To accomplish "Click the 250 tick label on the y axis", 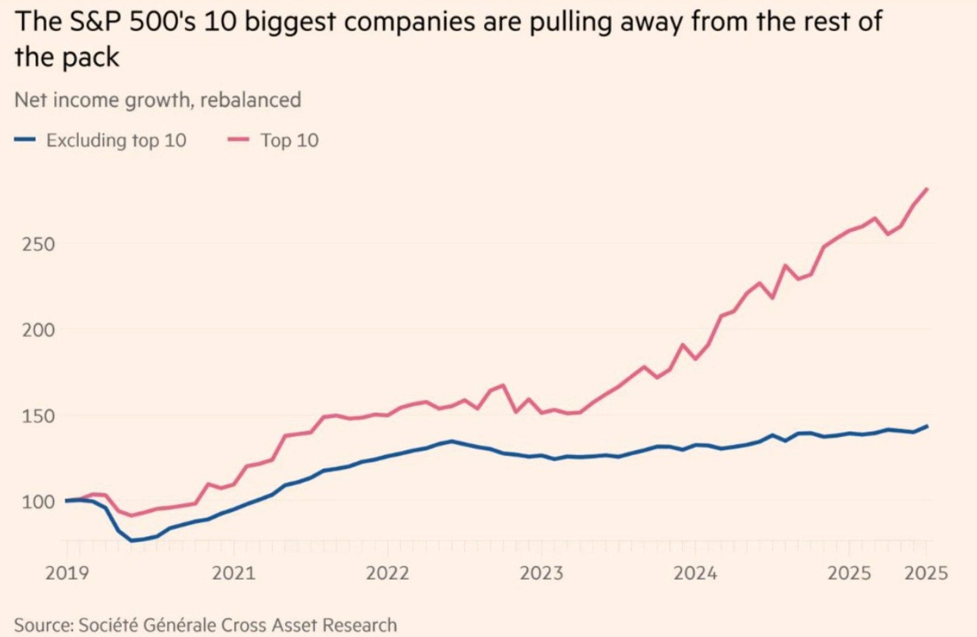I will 38,244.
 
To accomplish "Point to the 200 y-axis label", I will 38,329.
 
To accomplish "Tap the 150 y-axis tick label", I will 38,416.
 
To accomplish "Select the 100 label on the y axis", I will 38,502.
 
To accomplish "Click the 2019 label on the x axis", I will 67,573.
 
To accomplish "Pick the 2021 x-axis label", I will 234,573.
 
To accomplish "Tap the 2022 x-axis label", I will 387,573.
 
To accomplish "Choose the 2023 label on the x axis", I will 541,573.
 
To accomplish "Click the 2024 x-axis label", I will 695,573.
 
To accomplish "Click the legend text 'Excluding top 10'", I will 116,140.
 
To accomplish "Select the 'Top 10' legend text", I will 289,140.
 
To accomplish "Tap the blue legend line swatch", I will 25,139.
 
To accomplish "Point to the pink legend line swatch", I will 238,139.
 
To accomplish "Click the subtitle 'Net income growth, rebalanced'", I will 157,100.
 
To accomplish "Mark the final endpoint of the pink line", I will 927,189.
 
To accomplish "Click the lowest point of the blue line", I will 132,541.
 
